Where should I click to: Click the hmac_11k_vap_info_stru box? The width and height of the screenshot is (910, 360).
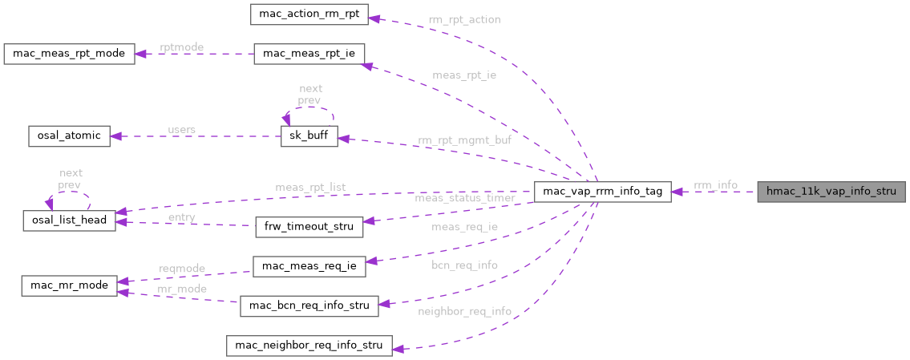(831, 192)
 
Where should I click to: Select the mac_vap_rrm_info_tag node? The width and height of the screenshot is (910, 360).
(602, 192)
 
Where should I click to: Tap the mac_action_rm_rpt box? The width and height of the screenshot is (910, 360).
(309, 14)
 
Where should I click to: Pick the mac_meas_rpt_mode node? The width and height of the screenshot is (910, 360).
(68, 54)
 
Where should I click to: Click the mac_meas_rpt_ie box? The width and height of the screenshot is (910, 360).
(309, 54)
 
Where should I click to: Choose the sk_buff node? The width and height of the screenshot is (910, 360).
(309, 136)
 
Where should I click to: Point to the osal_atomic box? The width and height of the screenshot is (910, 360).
(68, 136)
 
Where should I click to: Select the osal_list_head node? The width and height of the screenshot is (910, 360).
(70, 220)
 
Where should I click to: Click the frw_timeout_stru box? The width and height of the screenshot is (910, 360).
(309, 226)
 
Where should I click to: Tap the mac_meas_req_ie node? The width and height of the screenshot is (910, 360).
(309, 266)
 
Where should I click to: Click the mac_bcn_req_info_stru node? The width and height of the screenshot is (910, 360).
(309, 305)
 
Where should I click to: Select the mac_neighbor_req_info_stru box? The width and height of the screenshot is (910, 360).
(309, 346)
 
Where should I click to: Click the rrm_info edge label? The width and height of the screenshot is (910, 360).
(715, 185)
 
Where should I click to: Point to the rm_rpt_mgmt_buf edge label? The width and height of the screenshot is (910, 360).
(463, 140)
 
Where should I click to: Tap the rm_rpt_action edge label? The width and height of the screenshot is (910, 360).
(464, 19)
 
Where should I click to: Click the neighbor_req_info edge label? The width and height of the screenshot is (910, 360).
(464, 310)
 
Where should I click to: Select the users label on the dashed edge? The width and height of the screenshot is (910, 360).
(181, 129)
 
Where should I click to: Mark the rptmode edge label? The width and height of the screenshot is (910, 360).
(181, 47)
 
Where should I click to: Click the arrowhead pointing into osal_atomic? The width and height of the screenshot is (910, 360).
(116, 136)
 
